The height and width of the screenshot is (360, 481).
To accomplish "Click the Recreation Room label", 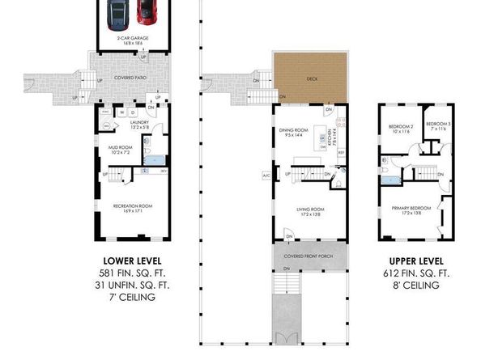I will click(x=132, y=208).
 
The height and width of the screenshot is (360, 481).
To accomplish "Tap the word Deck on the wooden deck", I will click(x=311, y=79).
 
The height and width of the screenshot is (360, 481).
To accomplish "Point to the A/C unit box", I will click(x=266, y=175).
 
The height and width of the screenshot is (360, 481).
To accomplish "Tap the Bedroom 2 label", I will click(x=401, y=127).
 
